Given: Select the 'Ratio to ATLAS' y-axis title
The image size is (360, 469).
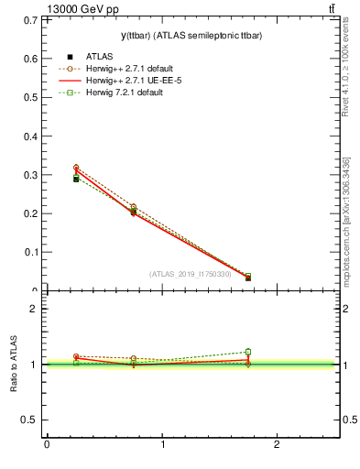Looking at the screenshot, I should pyautogui.click(x=14, y=365).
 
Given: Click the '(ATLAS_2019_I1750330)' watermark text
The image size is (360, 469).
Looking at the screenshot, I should pyautogui.click(x=191, y=273).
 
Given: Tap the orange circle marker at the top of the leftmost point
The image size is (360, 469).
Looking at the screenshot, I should pyautogui.click(x=76, y=168).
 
